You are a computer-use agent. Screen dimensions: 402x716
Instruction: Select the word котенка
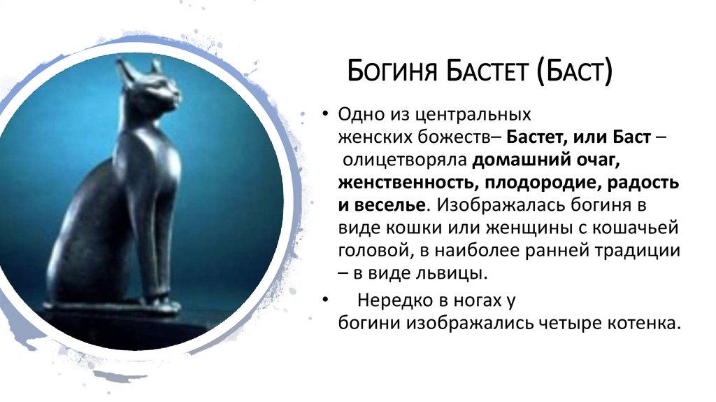(642, 324)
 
